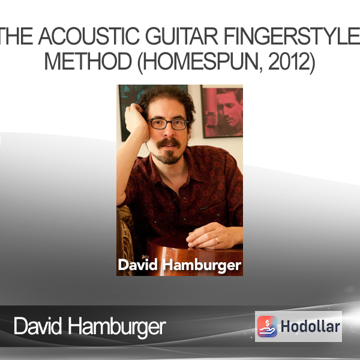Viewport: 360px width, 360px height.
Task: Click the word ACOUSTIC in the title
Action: [89, 36]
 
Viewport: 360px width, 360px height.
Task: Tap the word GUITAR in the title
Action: [182, 36]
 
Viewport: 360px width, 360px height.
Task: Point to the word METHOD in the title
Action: [88, 61]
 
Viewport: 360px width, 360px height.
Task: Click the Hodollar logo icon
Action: [267, 326]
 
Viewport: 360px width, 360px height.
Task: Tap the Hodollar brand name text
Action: [310, 326]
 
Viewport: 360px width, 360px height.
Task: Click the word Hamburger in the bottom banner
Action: [117, 328]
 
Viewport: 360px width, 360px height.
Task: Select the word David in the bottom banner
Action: [38, 326]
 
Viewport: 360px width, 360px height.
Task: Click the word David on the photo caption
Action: [138, 265]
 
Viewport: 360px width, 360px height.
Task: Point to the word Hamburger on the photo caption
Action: [202, 266]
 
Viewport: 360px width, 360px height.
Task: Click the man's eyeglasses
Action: [167, 124]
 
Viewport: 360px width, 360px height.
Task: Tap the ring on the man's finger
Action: [217, 240]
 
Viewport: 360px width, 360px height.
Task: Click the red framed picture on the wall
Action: [222, 112]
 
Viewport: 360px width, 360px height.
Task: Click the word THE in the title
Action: [17, 36]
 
